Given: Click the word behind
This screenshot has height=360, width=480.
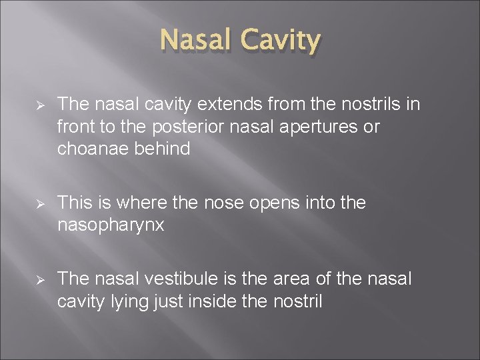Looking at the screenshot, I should [163, 149].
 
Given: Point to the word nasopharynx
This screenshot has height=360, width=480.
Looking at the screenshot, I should [110, 225].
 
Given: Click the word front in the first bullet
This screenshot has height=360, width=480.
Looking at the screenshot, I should [77, 127].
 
